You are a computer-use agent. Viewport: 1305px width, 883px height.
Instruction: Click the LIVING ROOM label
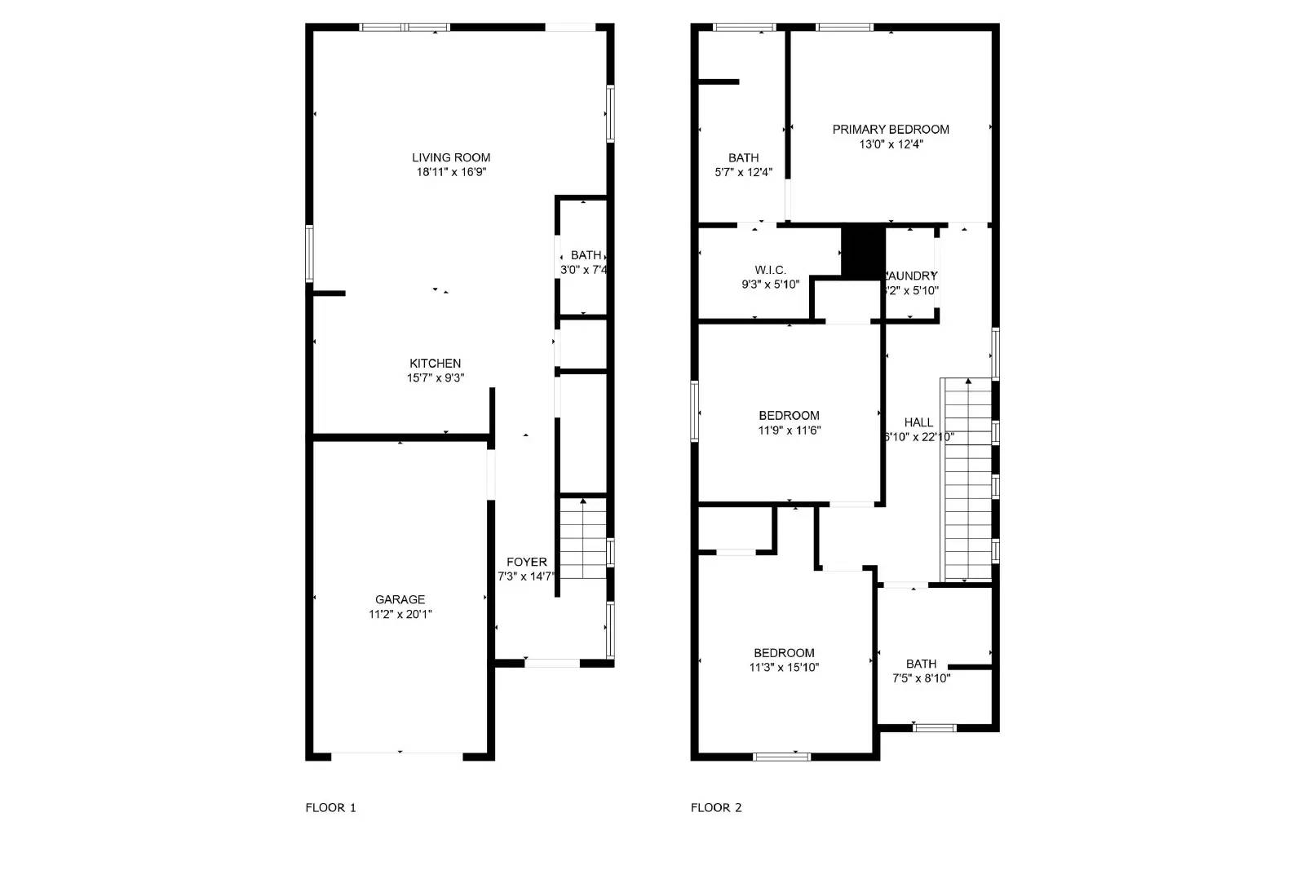[x=451, y=157]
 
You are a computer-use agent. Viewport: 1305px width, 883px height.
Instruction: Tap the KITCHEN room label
[x=435, y=363]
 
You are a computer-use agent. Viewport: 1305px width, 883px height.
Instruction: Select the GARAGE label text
[x=400, y=599]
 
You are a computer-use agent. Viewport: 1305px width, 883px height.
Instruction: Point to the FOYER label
[x=526, y=562]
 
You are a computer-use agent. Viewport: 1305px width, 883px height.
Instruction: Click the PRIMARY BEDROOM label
[x=891, y=129]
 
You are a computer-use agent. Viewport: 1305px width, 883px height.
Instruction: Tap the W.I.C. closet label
[x=770, y=270]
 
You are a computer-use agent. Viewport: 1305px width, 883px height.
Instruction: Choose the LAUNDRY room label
[x=912, y=276]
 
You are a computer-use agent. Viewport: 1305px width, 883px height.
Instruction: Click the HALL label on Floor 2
[x=918, y=422]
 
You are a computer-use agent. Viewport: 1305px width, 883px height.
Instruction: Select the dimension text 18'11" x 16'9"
[x=451, y=172]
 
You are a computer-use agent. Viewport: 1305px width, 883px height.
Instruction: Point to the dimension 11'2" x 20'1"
[x=400, y=614]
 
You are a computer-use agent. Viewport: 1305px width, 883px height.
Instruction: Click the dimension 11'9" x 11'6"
[x=789, y=430]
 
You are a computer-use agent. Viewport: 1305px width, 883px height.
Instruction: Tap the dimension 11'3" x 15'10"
[x=784, y=668]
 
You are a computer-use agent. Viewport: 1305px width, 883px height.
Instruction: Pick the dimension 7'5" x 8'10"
[x=921, y=678]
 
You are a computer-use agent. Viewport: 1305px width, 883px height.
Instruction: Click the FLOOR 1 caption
[x=330, y=808]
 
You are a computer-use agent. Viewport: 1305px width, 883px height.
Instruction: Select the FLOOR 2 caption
[x=716, y=808]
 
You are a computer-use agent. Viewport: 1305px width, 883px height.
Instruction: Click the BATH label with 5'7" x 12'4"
[x=743, y=157]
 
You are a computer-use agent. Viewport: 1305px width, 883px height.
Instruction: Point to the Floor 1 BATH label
[x=586, y=255]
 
